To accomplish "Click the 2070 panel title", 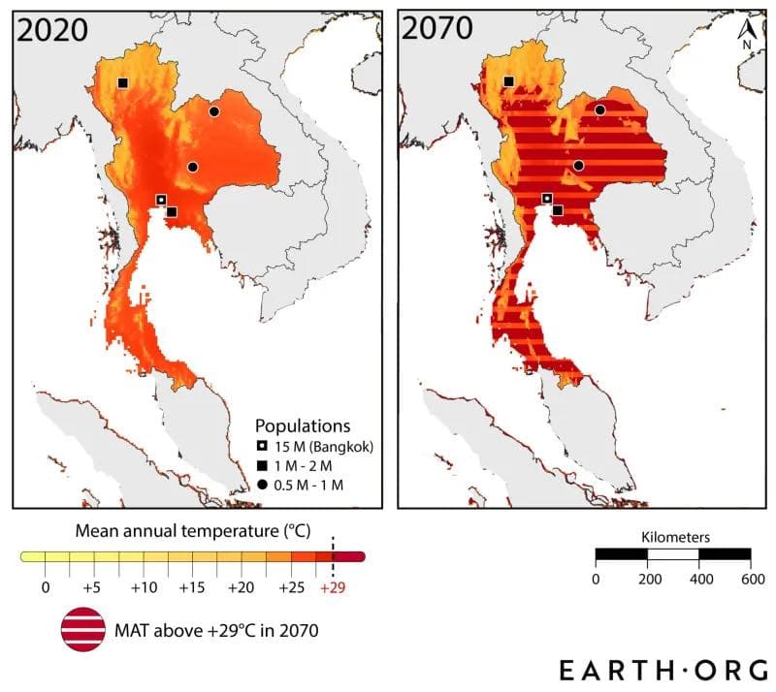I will (x=437, y=29).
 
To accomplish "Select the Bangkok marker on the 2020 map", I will (x=161, y=200).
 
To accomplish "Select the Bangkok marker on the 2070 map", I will (x=547, y=199).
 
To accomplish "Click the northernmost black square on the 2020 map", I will (x=123, y=83).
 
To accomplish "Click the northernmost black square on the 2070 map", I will (x=508, y=82).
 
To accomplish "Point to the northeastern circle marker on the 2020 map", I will (x=214, y=111).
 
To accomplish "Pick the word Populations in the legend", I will (x=303, y=425).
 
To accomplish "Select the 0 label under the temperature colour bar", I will (x=45, y=588).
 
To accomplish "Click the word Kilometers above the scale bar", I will (x=676, y=536).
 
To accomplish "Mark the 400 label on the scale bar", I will (x=698, y=579).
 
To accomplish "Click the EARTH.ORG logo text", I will (x=663, y=669).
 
